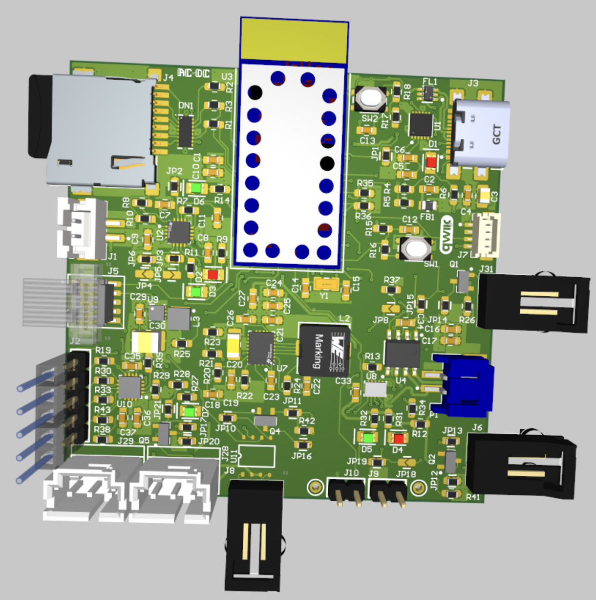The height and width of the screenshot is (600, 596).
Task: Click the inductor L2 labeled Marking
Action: (x=324, y=349)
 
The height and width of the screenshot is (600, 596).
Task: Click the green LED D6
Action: (x=197, y=188)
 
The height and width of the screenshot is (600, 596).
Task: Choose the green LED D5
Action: (x=367, y=437)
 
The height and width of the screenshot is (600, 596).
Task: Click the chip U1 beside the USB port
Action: (x=421, y=125)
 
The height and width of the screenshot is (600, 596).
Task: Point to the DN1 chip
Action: (x=185, y=131)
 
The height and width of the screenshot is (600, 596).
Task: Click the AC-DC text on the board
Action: (x=193, y=74)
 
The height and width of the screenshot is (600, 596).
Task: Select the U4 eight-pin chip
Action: (x=402, y=354)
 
